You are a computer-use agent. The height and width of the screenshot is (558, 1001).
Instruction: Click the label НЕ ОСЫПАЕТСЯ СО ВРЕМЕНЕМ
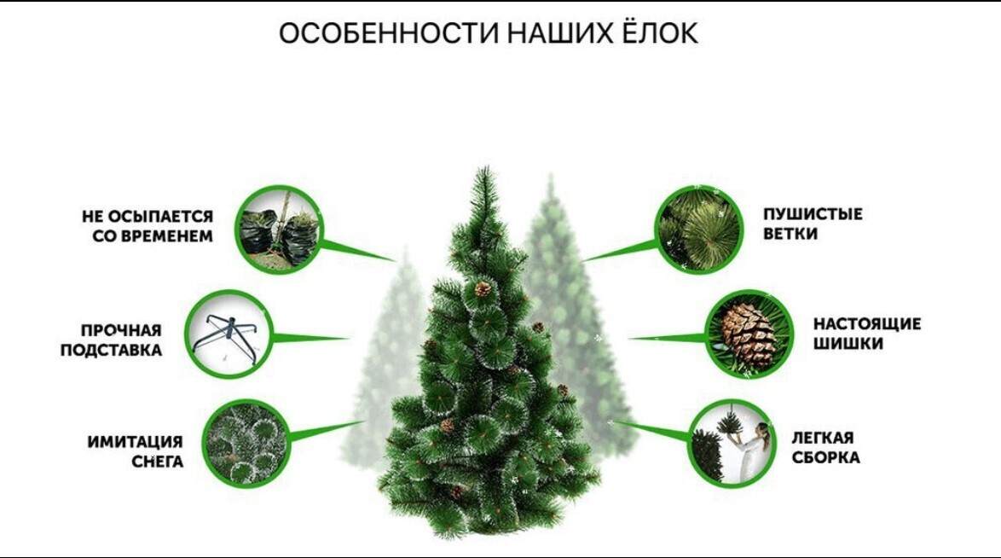(x=148, y=226)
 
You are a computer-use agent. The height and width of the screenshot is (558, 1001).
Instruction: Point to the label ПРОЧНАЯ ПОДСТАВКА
(x=111, y=340)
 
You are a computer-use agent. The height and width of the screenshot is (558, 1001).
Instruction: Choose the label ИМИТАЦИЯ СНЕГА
(x=136, y=451)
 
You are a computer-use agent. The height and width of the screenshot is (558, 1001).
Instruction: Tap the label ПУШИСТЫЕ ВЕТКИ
(x=813, y=224)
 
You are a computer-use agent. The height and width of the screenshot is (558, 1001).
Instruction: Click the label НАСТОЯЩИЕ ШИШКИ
(x=867, y=334)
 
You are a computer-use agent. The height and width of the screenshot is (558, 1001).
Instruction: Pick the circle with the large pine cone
(x=749, y=334)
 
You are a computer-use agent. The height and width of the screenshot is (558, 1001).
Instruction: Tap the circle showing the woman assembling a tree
(x=732, y=445)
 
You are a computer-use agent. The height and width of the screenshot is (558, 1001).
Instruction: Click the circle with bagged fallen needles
(x=280, y=229)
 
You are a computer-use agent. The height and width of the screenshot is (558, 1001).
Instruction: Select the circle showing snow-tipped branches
(x=246, y=445)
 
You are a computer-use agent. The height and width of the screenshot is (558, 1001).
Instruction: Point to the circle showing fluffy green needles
(x=700, y=229)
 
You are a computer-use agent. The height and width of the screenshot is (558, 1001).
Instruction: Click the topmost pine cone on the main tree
(x=483, y=289)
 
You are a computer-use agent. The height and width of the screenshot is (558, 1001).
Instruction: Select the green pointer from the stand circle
(x=311, y=338)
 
